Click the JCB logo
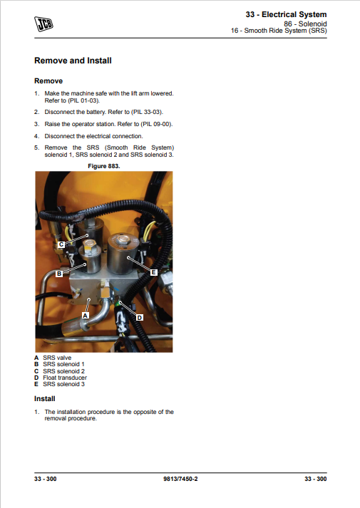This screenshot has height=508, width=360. point(43,24)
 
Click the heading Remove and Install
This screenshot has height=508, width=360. point(73,61)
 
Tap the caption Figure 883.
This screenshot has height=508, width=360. point(104,166)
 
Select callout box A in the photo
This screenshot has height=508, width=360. point(86,315)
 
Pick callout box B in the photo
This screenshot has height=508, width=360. point(59,274)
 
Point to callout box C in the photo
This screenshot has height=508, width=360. point(61,244)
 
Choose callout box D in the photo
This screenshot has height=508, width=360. point(139,318)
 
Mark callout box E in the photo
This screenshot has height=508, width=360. point(153,272)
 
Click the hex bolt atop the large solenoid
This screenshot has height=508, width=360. point(123,240)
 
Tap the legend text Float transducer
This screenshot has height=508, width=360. point(65,378)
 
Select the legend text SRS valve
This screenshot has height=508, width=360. point(57,358)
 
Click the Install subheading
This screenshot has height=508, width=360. point(45,399)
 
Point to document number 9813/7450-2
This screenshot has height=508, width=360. point(180,479)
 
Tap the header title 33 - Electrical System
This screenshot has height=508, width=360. point(286,14)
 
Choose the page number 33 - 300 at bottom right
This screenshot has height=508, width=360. point(316,479)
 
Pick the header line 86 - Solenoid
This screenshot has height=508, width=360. point(305,24)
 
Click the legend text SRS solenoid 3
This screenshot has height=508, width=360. point(64,384)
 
